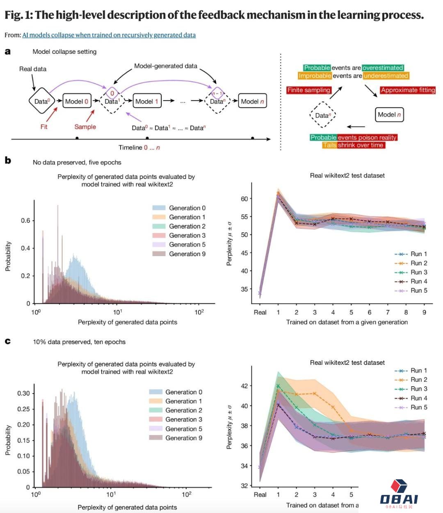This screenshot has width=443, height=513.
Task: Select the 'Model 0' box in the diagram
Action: [x=77, y=101]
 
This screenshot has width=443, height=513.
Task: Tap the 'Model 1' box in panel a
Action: [x=147, y=101]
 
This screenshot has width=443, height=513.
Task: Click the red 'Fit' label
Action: [x=44, y=127]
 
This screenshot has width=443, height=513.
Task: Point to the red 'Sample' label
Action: [x=85, y=127]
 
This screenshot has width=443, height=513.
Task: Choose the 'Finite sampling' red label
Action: [x=309, y=90]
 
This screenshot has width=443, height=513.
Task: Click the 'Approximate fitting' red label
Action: [x=408, y=90]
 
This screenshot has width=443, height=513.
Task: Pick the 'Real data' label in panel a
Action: [x=33, y=69]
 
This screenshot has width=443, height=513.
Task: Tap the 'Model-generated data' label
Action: [x=166, y=66]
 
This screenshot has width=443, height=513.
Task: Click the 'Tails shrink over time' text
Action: [x=353, y=145]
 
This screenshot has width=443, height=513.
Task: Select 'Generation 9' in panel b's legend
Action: [x=187, y=254]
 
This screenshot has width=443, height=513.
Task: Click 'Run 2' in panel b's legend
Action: [x=418, y=263]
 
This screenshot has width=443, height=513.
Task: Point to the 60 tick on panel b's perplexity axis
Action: [x=244, y=199]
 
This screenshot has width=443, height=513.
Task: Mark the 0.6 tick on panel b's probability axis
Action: [x=25, y=221]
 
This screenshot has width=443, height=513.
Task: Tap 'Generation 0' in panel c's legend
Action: [x=183, y=392]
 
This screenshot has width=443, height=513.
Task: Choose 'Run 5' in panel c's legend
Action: [x=418, y=407]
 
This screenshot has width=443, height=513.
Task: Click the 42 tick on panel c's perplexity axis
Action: [x=244, y=386]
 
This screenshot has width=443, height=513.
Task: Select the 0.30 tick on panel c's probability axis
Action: [x=23, y=393]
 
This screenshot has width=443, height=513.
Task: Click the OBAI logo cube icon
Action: [x=399, y=486]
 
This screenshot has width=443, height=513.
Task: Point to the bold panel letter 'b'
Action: [x=8, y=160]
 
